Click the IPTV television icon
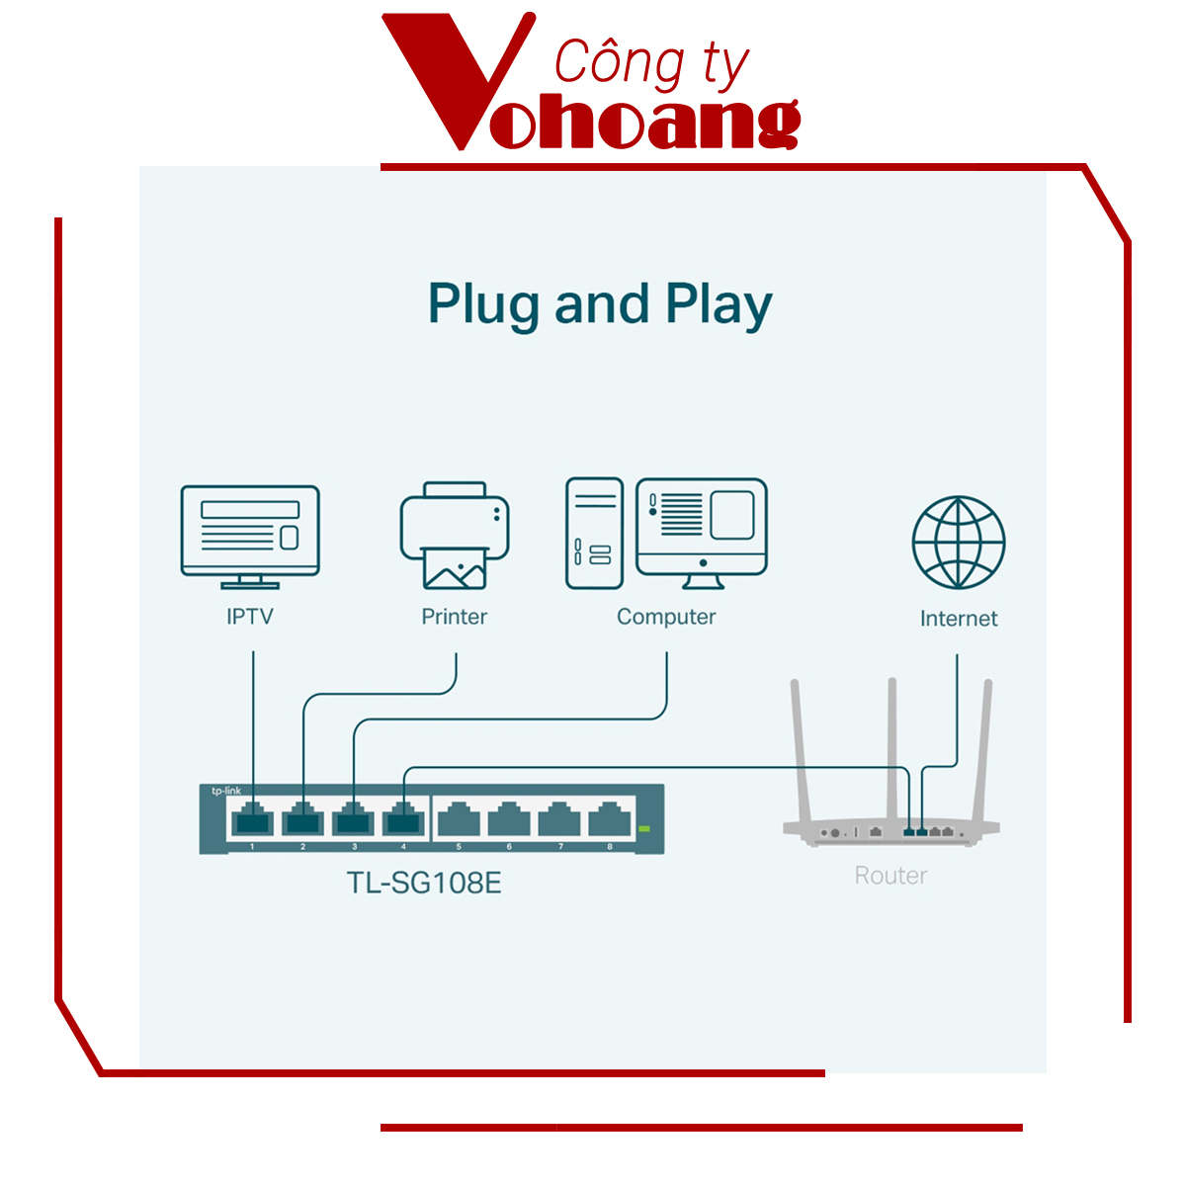point(250,535)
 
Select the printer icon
point(455,535)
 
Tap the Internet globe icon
point(958,543)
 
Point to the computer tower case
point(594,534)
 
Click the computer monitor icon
point(702,532)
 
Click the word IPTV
point(250,617)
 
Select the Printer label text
point(455,617)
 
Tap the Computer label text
point(666,617)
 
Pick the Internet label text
point(959,619)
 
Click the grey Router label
point(890,876)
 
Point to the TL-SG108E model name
point(424,882)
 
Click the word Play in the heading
point(719,304)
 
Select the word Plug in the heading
point(483,304)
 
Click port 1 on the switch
point(252,819)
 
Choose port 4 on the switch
point(404,819)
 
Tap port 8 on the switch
point(610,819)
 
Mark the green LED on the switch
point(644,828)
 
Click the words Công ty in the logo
point(650,63)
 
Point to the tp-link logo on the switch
point(226,791)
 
